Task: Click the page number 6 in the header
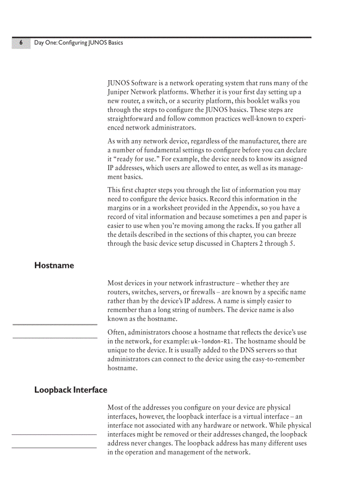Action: [21, 43]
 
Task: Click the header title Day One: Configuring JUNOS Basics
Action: [79, 43]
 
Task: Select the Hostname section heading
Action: [54, 265]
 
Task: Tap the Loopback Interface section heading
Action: [71, 390]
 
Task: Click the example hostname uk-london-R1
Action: [211, 342]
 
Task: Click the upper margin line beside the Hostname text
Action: [55, 325]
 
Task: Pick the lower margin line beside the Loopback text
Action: [54, 448]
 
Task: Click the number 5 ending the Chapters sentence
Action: [292, 244]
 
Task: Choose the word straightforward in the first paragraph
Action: [130, 119]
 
